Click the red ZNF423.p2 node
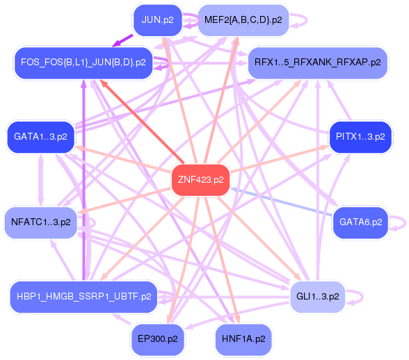coord(200,180)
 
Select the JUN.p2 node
coord(157,19)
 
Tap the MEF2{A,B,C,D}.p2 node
coord(243,19)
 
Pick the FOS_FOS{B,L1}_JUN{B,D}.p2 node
coord(83,63)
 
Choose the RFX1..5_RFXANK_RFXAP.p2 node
coord(317,63)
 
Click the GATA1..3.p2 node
coord(40,136)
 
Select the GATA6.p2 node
coord(360,222)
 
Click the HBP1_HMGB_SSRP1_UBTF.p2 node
coord(81,297)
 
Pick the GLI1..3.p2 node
coord(316,297)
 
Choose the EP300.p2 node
coord(157,339)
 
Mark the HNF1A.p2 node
coord(243,339)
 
